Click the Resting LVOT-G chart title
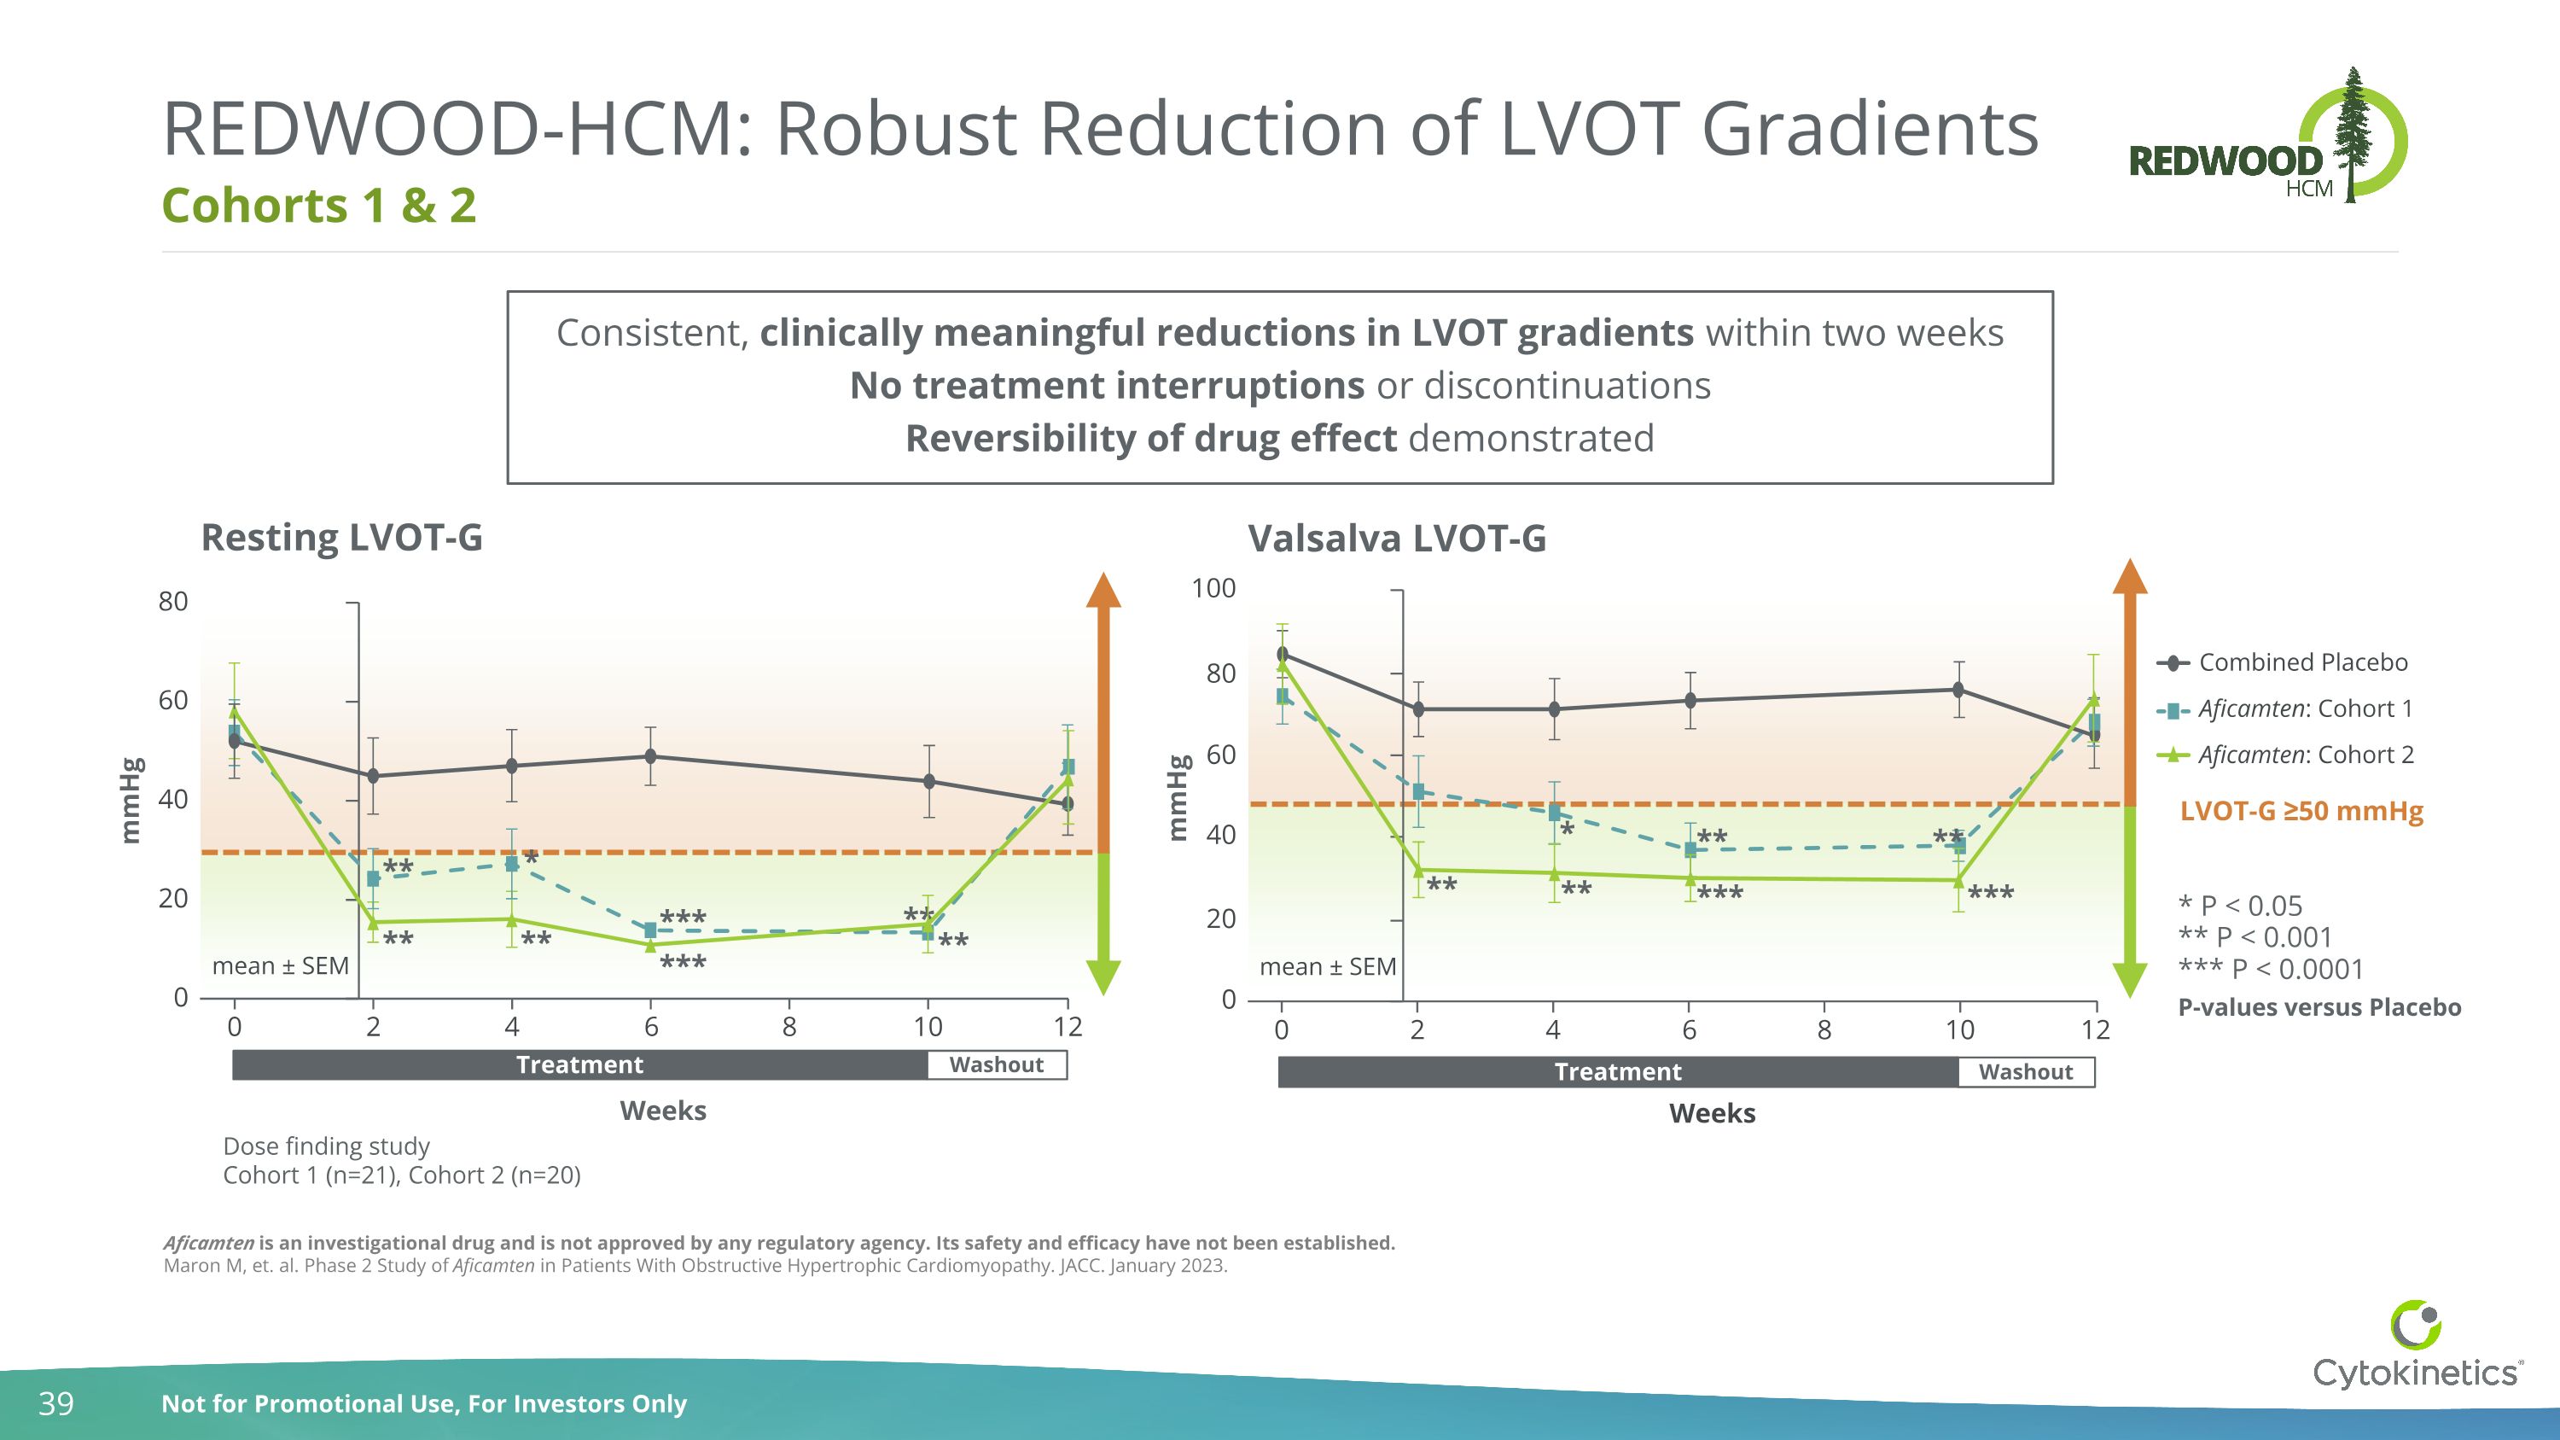click(x=342, y=538)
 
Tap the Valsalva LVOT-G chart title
click(x=1396, y=539)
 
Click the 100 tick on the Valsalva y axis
click(x=1213, y=589)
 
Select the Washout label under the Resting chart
click(x=996, y=1065)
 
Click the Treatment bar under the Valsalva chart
click(x=1618, y=1072)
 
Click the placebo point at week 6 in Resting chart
click(x=650, y=756)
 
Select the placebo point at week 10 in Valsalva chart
click(x=1958, y=690)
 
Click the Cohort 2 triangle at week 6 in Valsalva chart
click(x=1690, y=878)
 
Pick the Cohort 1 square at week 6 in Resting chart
click(x=650, y=931)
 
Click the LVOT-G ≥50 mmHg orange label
click(x=2301, y=812)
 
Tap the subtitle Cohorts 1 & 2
click(x=319, y=206)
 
